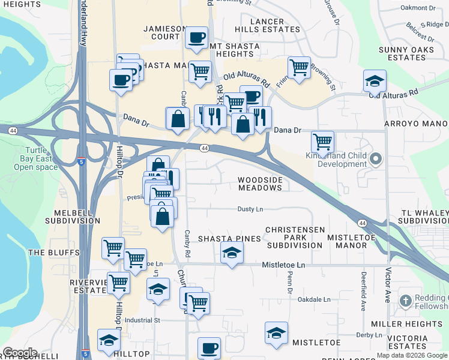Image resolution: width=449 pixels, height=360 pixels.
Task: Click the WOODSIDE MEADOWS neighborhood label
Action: (259, 184)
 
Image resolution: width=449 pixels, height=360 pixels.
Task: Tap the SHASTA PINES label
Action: (229, 239)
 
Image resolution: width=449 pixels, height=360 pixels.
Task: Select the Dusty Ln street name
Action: (250, 209)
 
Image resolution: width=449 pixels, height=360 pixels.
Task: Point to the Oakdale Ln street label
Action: (315, 299)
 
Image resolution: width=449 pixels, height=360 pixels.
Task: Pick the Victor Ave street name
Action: (388, 285)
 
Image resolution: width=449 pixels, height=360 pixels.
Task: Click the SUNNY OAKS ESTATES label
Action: (407, 53)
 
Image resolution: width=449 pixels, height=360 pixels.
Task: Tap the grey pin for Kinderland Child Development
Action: (376, 159)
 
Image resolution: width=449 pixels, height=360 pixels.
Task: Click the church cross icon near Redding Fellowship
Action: (405, 300)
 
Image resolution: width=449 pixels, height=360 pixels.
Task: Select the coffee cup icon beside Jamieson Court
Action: (196, 37)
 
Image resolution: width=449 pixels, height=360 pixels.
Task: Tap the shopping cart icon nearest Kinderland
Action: (323, 142)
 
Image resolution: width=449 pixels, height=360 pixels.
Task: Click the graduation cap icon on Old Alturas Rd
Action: (375, 80)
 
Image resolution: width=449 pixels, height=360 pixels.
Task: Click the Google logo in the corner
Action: (20, 353)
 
